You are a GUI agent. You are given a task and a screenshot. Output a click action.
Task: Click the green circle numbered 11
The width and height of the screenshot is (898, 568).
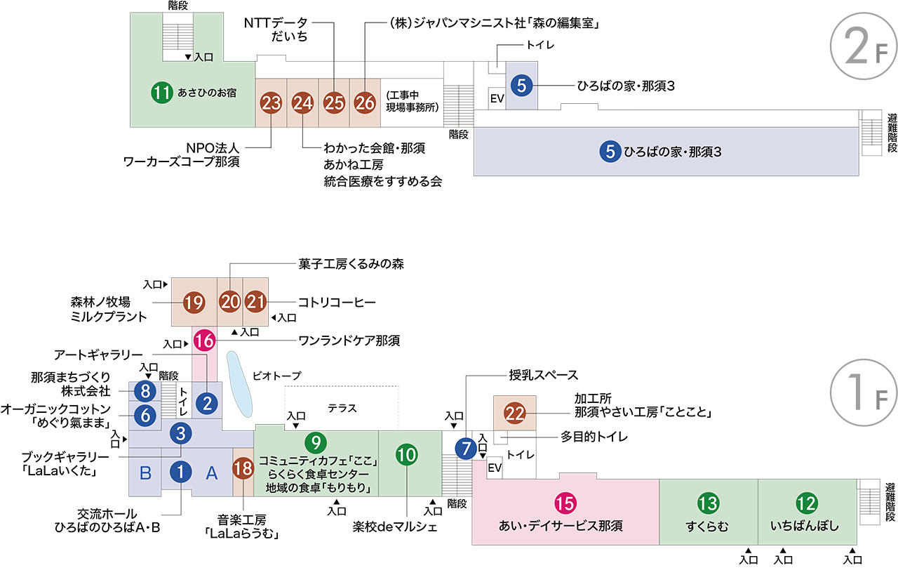click(162, 93)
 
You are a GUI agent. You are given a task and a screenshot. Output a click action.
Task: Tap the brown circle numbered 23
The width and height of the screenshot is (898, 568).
click(271, 103)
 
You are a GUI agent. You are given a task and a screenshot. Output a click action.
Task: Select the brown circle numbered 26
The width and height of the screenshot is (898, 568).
click(365, 103)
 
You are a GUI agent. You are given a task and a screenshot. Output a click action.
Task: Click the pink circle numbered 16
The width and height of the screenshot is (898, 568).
click(204, 341)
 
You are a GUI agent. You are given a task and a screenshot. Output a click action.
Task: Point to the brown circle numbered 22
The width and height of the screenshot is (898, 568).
click(515, 413)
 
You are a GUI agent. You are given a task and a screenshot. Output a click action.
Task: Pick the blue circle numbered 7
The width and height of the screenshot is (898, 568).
click(466, 448)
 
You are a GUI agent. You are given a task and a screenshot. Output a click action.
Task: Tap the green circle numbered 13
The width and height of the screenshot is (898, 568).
click(708, 503)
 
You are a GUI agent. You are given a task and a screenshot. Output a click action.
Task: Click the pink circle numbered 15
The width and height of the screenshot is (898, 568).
click(565, 503)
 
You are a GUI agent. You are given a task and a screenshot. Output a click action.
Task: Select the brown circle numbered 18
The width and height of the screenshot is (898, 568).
click(243, 468)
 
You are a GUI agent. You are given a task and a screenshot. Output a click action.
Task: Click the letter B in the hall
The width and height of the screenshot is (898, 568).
click(145, 473)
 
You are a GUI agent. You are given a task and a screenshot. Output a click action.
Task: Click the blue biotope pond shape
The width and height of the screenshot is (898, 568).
click(239, 384)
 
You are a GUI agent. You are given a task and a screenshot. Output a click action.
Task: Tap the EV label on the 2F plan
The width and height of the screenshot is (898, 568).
click(497, 98)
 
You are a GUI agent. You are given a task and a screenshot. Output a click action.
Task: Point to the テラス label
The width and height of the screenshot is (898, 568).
click(342, 409)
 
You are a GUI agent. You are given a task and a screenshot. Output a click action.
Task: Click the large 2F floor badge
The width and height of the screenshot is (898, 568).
click(864, 46)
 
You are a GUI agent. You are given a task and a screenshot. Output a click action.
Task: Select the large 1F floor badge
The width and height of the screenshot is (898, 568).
click(864, 392)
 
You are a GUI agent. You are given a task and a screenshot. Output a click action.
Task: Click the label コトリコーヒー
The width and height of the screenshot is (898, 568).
click(337, 302)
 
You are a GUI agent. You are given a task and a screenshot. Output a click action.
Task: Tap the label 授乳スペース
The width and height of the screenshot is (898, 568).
click(543, 375)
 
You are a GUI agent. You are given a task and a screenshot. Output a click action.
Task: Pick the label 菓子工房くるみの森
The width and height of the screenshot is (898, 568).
click(351, 264)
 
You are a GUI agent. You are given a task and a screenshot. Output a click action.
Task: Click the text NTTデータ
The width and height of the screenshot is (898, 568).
click(276, 23)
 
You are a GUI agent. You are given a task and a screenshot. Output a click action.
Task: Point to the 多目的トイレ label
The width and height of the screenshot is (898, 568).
click(594, 437)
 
